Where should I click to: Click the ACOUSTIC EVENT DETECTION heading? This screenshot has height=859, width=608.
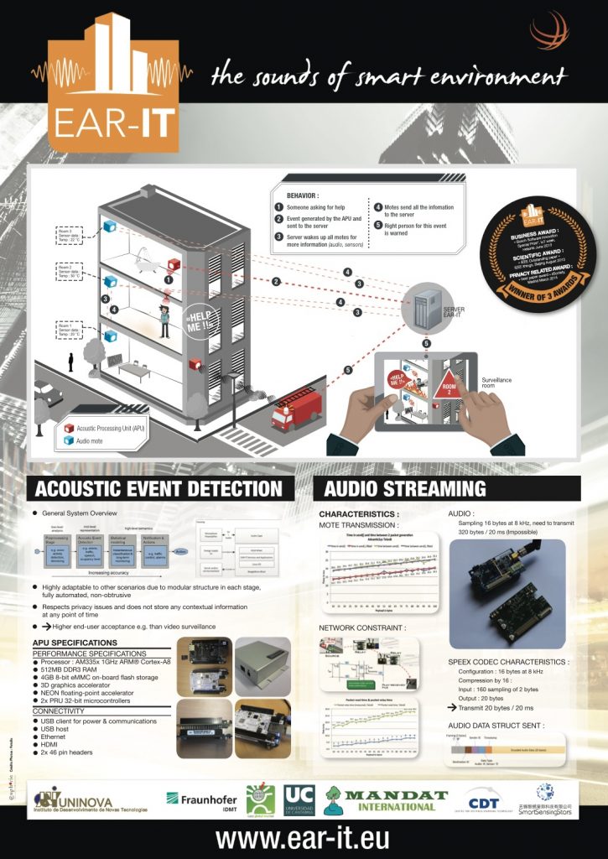[159, 489]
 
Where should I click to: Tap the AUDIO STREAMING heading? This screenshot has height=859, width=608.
[405, 489]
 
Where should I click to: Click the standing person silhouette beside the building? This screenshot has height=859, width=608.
[72, 362]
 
